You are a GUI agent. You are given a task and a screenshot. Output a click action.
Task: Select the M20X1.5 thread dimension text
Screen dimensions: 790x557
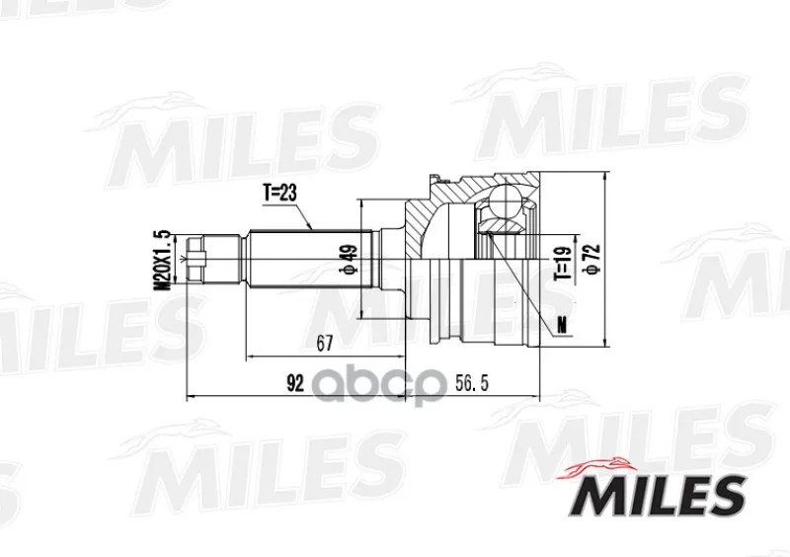pyautogui.click(x=163, y=260)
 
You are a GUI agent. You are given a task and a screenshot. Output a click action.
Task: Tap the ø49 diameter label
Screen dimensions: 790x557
pyautogui.click(x=350, y=260)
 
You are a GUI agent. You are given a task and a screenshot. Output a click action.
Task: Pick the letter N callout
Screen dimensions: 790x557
pyautogui.click(x=562, y=327)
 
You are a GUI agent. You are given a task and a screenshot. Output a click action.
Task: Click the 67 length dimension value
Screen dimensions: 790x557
pyautogui.click(x=325, y=344)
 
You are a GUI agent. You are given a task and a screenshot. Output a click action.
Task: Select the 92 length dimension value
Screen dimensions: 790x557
pyautogui.click(x=295, y=384)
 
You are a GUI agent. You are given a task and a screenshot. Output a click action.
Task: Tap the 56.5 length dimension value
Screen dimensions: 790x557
pyautogui.click(x=472, y=384)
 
